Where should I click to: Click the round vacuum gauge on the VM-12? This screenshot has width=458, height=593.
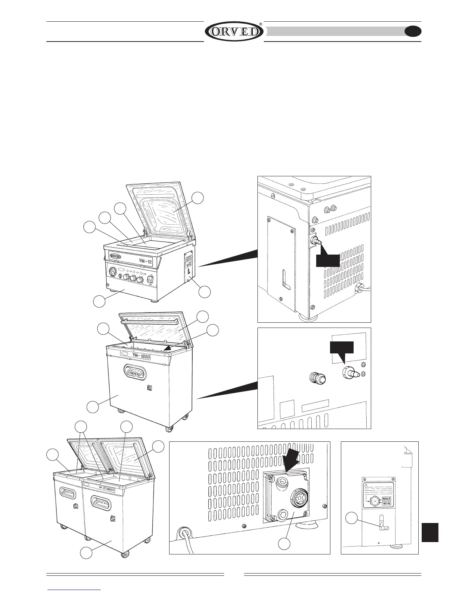pos(113,271)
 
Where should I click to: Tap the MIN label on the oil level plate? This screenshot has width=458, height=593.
pos(386,504)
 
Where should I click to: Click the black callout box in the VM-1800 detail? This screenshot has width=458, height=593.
pos(341,347)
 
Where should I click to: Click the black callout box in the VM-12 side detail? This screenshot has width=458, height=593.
pos(328,261)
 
